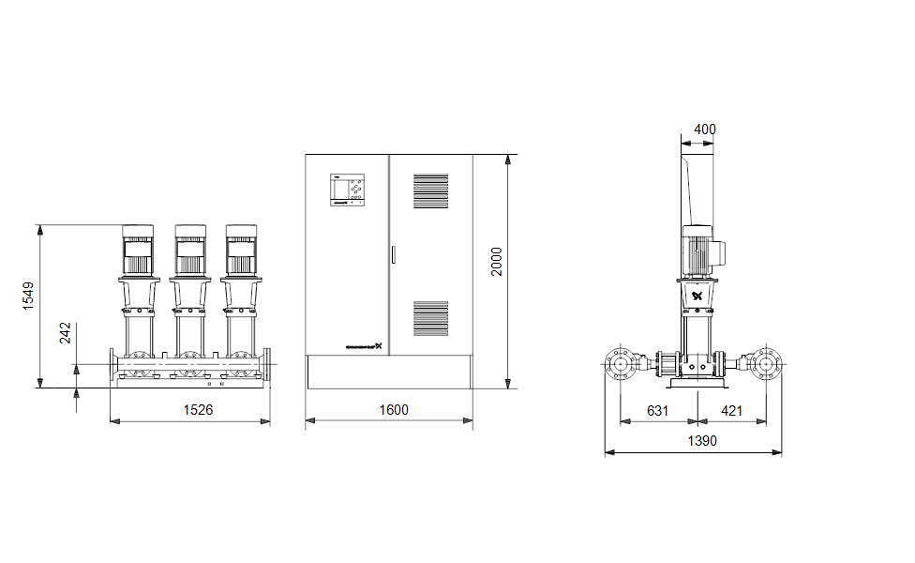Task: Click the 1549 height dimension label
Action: (28, 297)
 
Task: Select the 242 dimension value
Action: (66, 333)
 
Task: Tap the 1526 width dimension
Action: (190, 410)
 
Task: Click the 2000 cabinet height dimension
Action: (497, 262)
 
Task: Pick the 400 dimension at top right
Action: (705, 129)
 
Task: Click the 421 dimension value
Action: (733, 410)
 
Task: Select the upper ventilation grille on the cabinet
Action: (431, 191)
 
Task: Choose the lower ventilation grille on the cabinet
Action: (431, 318)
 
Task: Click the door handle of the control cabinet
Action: (393, 254)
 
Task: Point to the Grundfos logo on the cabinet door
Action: (361, 345)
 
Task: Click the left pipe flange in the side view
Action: (619, 362)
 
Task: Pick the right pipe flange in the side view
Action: (766, 362)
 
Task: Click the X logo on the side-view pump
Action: (697, 297)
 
